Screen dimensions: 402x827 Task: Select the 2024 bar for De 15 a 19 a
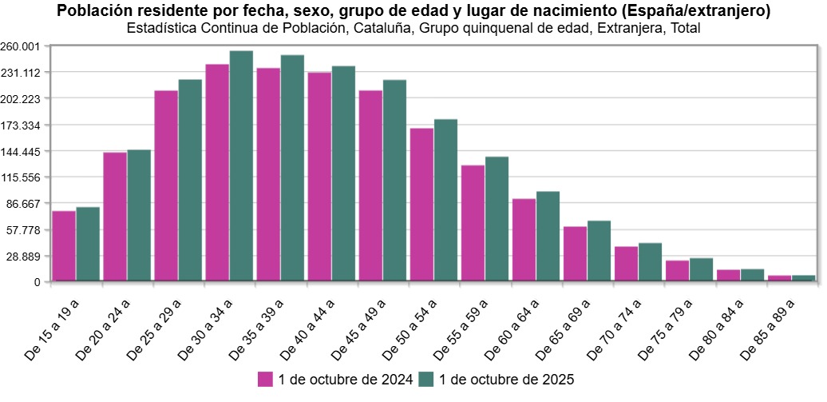(64, 246)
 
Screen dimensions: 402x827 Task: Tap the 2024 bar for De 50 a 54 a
(421, 205)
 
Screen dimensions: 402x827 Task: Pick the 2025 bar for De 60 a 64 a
(548, 237)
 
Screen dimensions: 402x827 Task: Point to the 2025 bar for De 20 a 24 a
(139, 216)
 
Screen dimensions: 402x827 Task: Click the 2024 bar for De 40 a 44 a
(319, 177)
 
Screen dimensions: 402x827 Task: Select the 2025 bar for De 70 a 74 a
(650, 262)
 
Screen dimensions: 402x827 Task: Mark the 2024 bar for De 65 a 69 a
(575, 254)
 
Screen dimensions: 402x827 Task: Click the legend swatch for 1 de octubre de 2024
(265, 379)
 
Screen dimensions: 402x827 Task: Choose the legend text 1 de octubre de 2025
(506, 379)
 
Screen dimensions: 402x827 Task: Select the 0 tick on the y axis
(37, 283)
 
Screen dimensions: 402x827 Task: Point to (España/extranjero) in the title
(700, 11)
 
